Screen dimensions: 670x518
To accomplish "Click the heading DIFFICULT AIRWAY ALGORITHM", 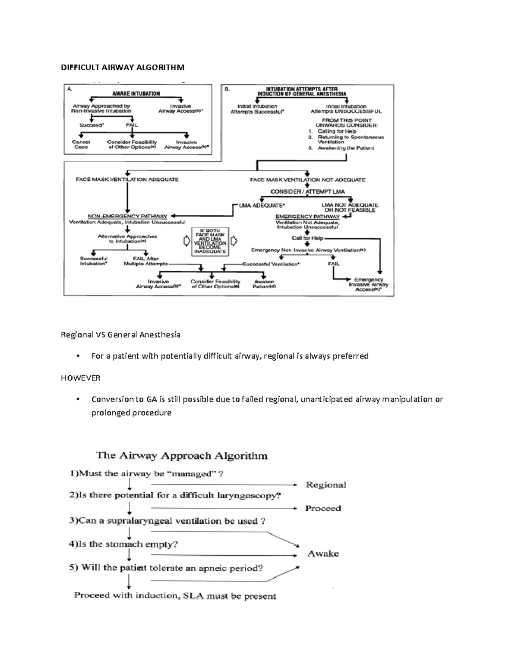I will [x=122, y=67].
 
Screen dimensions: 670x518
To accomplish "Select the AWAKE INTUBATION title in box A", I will [x=136, y=93].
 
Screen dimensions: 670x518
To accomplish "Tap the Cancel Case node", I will [x=81, y=145].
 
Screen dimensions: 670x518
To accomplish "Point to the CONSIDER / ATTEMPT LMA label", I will [x=307, y=192].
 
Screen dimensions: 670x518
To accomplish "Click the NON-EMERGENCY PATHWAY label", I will [x=127, y=216].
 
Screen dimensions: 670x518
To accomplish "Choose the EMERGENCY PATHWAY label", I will [x=307, y=216].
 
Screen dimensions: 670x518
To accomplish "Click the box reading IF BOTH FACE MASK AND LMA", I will [x=210, y=241].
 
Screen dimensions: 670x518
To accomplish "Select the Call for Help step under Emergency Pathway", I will [x=307, y=238].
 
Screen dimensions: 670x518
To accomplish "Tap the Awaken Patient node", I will [x=264, y=284].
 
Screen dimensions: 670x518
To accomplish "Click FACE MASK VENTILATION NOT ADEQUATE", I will [x=307, y=179].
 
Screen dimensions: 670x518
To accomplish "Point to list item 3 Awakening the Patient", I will [x=341, y=148].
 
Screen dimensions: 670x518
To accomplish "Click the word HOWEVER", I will [x=80, y=378].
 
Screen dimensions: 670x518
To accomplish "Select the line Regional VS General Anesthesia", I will [x=120, y=335].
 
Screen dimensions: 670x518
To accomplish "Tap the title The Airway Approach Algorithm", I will [x=182, y=456].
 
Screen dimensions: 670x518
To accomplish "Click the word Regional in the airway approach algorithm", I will [x=326, y=485].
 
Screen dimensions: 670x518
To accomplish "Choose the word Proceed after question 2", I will [x=323, y=508].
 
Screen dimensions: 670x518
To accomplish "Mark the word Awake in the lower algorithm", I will [x=323, y=554].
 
